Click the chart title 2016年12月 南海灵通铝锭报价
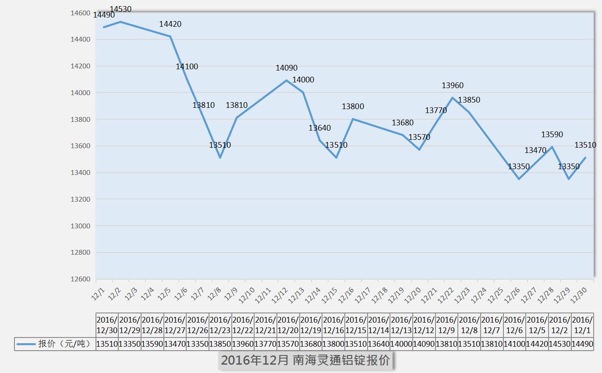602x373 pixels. tap(305, 360)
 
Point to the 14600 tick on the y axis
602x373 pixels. tap(81, 13)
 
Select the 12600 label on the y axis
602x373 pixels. tap(81, 279)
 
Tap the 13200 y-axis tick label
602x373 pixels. tap(81, 199)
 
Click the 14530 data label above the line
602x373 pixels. tap(120, 9)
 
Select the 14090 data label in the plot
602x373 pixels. tap(287, 68)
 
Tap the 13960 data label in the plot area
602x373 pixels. tap(453, 85)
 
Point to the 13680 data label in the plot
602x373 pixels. tap(403, 123)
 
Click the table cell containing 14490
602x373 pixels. tap(582, 344)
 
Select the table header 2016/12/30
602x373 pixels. tap(107, 325)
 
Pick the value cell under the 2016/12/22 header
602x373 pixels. tap(243, 344)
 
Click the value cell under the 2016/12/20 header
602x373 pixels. tap(288, 344)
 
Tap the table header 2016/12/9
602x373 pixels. tap(446, 325)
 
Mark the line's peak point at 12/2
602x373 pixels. tap(120, 21)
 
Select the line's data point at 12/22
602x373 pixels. tap(453, 98)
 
